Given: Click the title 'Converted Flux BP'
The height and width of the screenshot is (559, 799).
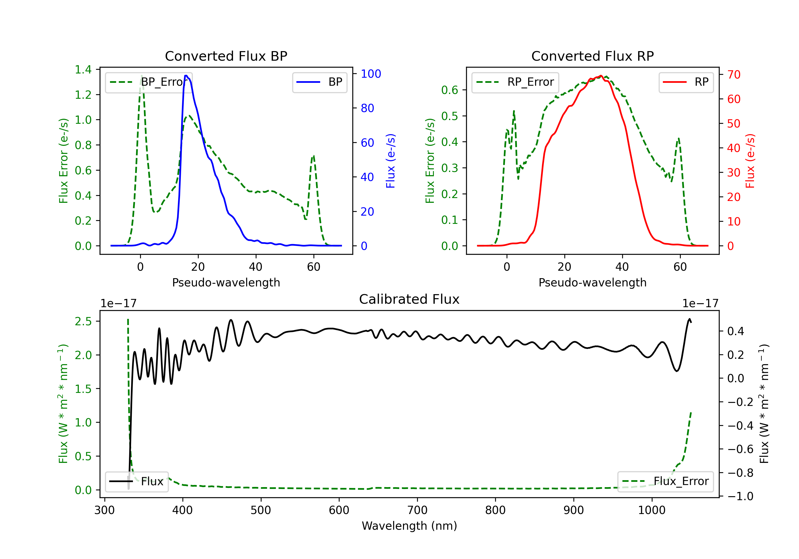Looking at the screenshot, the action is coord(226,56).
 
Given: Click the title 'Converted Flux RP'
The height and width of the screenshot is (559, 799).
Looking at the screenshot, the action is coord(592,56).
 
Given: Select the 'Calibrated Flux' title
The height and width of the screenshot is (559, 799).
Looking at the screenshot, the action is coord(409,299).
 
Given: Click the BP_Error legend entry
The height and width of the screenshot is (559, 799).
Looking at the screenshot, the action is coord(149,82).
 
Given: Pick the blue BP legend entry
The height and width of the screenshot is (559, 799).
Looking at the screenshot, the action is coord(319,82).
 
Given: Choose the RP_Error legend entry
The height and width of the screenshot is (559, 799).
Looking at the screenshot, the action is coord(515,82).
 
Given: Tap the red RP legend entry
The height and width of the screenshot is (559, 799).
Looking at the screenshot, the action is coord(686,82).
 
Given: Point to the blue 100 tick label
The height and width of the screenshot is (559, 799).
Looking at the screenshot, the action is coord(371,74).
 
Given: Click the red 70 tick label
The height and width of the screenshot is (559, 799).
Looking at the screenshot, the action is coord(734,75).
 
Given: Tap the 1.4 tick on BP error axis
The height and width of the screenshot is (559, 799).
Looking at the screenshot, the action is coord(83,69).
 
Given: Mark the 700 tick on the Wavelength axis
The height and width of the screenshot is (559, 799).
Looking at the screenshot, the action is coord(417,510).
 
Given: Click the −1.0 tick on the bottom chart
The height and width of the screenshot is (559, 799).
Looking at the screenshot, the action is coord(740,496).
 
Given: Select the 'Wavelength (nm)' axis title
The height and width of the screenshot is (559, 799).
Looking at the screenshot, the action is coord(409,526).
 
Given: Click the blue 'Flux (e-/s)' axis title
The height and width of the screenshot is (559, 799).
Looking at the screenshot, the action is coord(390,161).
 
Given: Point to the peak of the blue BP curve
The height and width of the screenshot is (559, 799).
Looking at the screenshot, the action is coord(186,76).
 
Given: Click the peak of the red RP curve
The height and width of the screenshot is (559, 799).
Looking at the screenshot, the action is coord(601,76).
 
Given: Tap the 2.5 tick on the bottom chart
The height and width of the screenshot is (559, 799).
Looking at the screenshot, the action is coord(83,321).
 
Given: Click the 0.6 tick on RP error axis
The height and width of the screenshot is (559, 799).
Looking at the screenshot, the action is coord(450,90).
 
